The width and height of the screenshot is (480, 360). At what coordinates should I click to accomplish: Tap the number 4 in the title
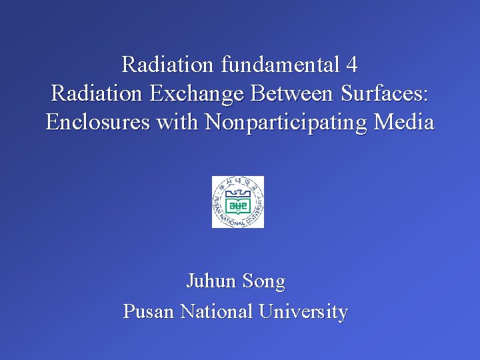point(352,65)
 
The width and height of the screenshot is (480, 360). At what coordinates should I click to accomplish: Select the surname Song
point(264,282)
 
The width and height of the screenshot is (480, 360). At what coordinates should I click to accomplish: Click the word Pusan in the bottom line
point(149,311)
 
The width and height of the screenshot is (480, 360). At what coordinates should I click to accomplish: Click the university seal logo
point(238,202)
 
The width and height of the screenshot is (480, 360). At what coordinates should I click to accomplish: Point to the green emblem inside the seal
point(238,204)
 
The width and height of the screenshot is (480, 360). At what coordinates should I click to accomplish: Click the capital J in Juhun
point(190,281)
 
